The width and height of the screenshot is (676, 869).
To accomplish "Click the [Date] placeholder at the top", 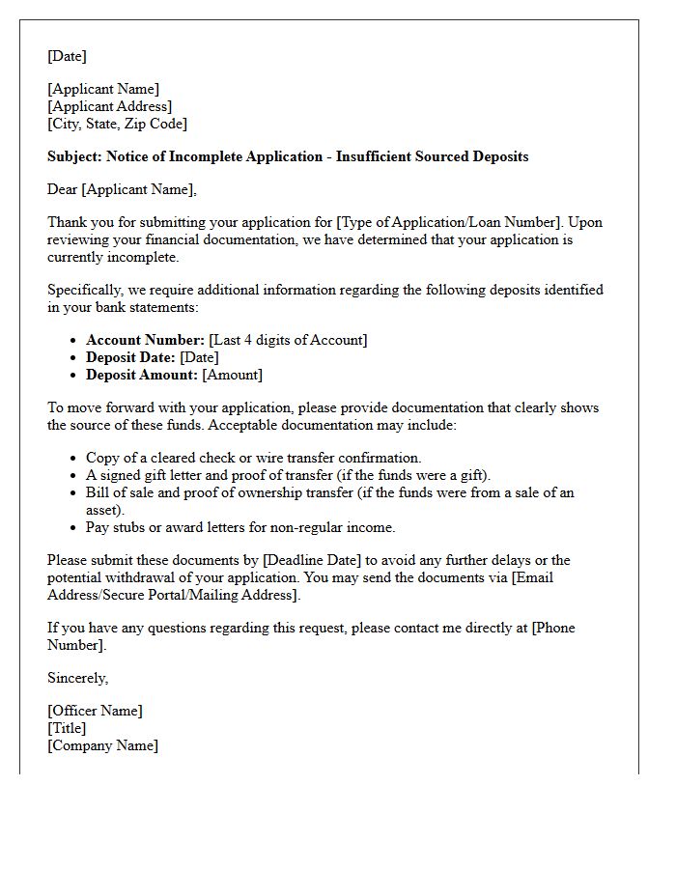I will [x=67, y=56].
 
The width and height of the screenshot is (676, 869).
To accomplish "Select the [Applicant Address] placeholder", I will [x=109, y=106].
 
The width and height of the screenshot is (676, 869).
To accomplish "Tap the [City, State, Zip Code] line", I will [x=117, y=124].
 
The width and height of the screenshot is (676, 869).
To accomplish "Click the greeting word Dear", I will [x=64, y=189].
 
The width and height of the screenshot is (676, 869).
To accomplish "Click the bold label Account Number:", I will [x=145, y=340].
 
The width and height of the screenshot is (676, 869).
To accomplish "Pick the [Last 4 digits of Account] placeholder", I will [x=288, y=340].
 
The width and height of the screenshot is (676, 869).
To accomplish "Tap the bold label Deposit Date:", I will [x=130, y=357].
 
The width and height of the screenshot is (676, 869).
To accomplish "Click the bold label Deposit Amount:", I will [x=142, y=375].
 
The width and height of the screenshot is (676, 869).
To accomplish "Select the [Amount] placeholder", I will [x=232, y=375].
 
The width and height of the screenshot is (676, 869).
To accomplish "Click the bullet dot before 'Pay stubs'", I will [x=74, y=528].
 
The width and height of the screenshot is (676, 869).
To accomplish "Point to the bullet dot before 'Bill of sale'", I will [x=74, y=493].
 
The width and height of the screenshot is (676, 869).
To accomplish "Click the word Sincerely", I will [x=77, y=678].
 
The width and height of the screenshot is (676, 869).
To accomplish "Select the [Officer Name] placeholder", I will [x=95, y=711].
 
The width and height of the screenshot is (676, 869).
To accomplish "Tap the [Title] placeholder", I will [x=67, y=728].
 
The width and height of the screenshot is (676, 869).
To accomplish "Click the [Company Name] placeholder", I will [x=102, y=745].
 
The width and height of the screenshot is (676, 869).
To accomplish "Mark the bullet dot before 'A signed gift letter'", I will [x=74, y=476].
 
